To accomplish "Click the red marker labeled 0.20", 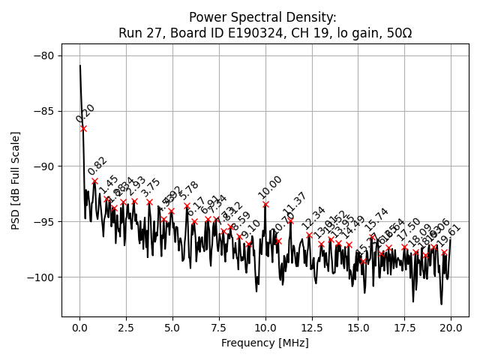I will pos(83,128).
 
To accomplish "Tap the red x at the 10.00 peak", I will pos(265,204).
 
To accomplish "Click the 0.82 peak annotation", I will pos(97,166).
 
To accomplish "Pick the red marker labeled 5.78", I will pos(187,205).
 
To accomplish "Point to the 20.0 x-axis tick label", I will pos(451,327).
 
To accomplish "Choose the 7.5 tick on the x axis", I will pos(219,327).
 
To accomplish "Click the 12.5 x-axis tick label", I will pos(311,327).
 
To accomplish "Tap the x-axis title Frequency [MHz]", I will pos(265,343).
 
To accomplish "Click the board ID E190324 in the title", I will pos(228,33).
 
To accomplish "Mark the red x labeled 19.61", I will pos(444,253).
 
